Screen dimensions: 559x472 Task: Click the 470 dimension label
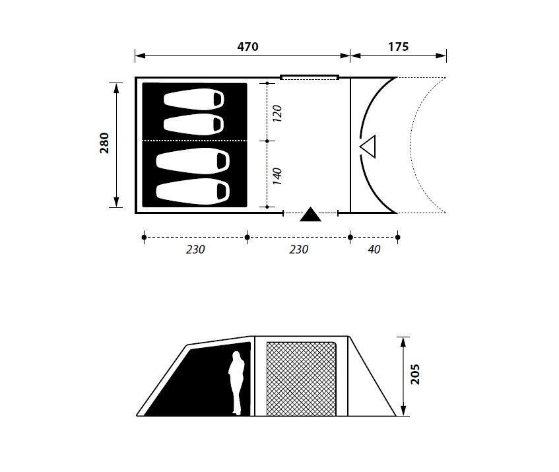pyautogui.click(x=247, y=47)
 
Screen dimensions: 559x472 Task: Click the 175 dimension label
pyautogui.click(x=398, y=47)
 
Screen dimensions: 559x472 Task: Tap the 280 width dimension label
pyautogui.click(x=104, y=143)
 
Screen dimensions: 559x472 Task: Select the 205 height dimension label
pyautogui.click(x=415, y=374)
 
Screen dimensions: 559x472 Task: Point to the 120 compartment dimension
pyautogui.click(x=277, y=114)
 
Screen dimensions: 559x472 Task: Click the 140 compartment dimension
pyautogui.click(x=277, y=176)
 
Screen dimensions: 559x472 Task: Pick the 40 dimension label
pyautogui.click(x=374, y=250)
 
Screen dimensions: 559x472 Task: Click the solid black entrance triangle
pyautogui.click(x=310, y=215)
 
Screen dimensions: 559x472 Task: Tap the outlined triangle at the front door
pyautogui.click(x=368, y=146)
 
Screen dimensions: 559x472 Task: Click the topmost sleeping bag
pyautogui.click(x=193, y=99)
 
